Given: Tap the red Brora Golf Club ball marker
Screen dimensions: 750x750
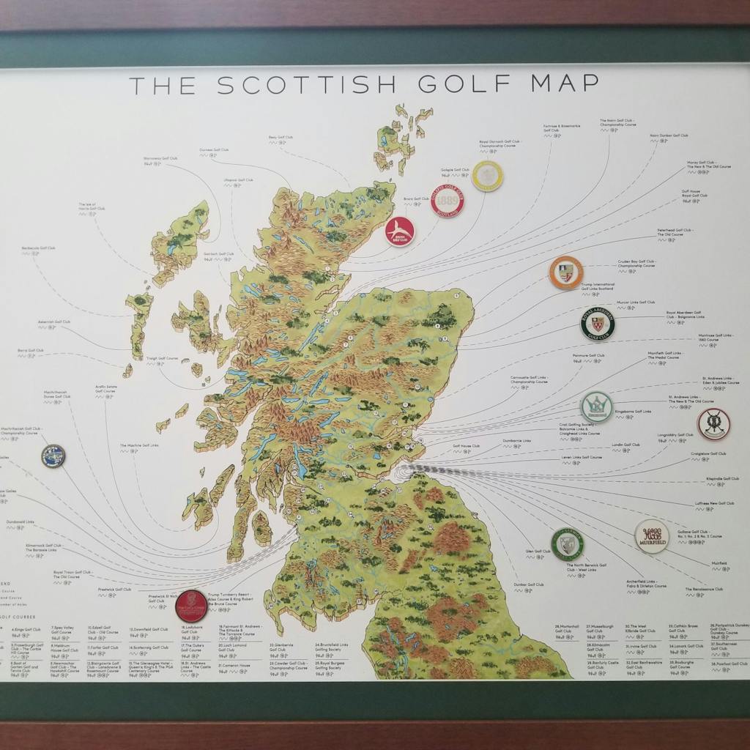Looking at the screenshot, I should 400,231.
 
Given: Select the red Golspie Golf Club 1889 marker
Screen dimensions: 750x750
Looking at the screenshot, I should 448,201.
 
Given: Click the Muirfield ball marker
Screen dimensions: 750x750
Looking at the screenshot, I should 651,536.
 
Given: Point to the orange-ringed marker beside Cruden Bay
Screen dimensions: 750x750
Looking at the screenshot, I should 566,272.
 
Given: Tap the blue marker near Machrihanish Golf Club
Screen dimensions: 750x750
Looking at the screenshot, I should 53,456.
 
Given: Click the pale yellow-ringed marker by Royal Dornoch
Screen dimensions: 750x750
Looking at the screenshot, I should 488,176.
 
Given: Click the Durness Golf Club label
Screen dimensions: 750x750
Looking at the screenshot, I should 214,149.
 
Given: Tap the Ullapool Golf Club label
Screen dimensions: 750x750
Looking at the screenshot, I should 239,179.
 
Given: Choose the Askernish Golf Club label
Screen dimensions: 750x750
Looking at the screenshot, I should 55,322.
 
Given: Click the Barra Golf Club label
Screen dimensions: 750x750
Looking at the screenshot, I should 31,350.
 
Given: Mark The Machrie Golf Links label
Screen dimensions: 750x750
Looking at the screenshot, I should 139,445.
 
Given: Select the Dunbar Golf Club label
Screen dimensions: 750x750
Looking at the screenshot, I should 529,584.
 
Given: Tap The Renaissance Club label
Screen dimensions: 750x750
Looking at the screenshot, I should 704,589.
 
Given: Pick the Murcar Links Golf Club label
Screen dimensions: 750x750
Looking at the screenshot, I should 635,302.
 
